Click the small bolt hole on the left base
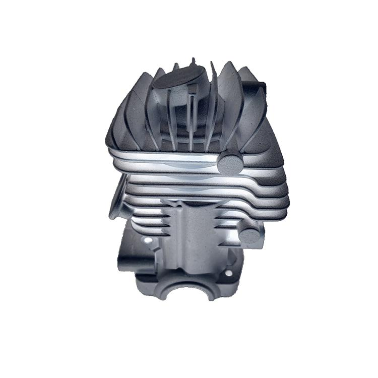(x=147, y=241)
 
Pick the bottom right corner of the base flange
(x=242, y=292)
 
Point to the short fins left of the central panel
(x=164, y=222)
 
